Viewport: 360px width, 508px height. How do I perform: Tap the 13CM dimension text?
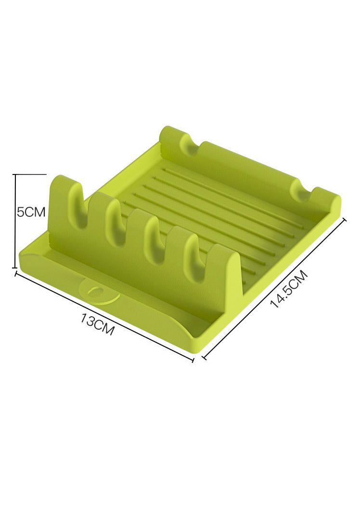(97, 324)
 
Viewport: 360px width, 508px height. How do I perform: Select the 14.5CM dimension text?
(288, 289)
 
